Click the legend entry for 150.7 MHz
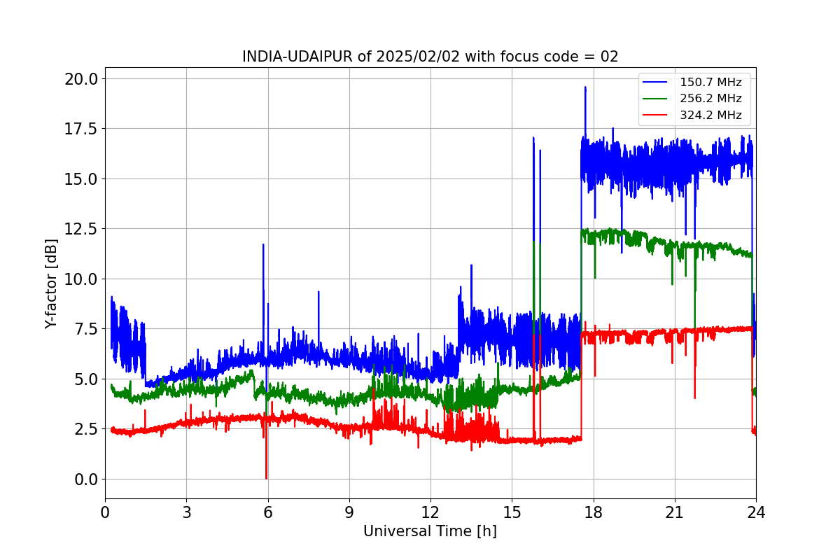[x=710, y=82]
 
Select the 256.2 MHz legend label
[x=710, y=98]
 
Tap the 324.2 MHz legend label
[x=710, y=115]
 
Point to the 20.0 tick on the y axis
[x=81, y=79]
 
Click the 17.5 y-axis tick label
[x=81, y=129]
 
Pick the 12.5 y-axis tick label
[x=81, y=229]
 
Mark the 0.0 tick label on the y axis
[x=86, y=479]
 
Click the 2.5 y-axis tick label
[x=86, y=429]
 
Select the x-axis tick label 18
[x=594, y=512]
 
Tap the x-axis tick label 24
[x=757, y=512]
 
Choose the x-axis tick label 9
[x=349, y=512]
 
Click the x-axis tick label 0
[x=105, y=512]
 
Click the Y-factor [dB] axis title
[x=50, y=284]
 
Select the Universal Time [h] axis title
[x=430, y=531]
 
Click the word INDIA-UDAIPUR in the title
[x=297, y=57]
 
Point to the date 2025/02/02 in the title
[x=418, y=57]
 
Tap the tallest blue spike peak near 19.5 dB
[x=585, y=87]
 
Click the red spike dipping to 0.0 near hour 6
[x=266, y=479]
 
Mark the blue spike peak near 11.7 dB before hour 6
[x=263, y=244]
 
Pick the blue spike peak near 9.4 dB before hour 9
[x=318, y=291]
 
